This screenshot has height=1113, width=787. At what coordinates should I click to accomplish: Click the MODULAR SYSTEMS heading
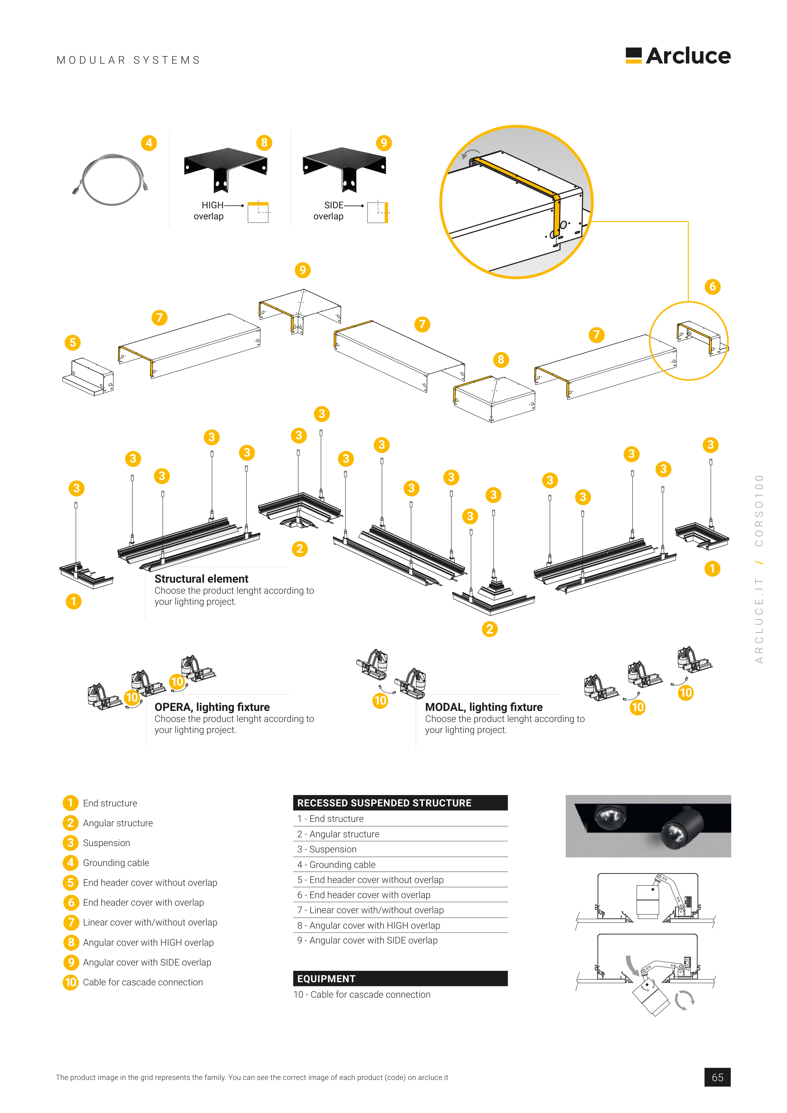pyautogui.click(x=129, y=60)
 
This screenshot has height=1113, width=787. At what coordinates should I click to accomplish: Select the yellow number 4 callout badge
pyautogui.click(x=149, y=143)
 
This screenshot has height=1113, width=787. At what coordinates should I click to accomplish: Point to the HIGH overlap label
pyautogui.click(x=209, y=211)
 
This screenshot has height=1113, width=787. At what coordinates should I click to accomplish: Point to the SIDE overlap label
pyautogui.click(x=329, y=211)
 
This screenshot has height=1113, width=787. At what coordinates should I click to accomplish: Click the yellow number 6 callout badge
pyautogui.click(x=712, y=286)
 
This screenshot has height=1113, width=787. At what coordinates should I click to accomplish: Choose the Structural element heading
pyautogui.click(x=201, y=579)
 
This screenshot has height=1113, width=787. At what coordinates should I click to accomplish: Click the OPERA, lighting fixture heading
pyautogui.click(x=212, y=707)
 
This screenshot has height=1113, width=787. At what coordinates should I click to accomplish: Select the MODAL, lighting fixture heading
pyautogui.click(x=483, y=707)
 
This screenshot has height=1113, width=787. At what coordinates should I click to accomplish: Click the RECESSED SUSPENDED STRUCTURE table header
pyautogui.click(x=400, y=803)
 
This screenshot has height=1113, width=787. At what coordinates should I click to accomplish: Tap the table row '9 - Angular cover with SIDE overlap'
pyautogui.click(x=367, y=940)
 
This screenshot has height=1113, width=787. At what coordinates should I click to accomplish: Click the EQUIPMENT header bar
pyautogui.click(x=400, y=979)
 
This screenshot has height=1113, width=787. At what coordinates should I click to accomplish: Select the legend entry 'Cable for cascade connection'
pyautogui.click(x=142, y=982)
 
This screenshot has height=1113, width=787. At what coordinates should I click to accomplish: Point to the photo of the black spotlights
pyautogui.click(x=648, y=826)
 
